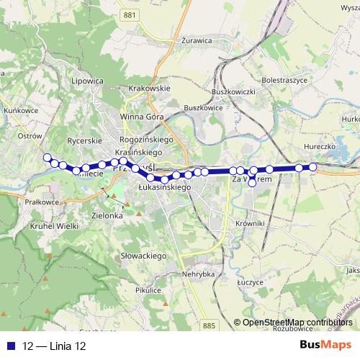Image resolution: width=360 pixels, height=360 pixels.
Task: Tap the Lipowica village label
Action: tap(88, 81)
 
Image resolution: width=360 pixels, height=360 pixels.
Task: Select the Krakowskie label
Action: tap(148, 88)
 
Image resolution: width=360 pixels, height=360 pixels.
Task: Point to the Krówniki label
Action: tap(251, 223)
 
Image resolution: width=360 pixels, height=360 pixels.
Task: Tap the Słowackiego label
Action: tap(144, 256)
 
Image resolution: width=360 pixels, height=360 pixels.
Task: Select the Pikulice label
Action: tap(145, 289)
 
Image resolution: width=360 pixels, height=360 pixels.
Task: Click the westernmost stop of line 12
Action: tap(48, 158)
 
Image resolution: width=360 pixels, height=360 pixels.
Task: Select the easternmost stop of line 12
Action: tap(313, 168)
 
